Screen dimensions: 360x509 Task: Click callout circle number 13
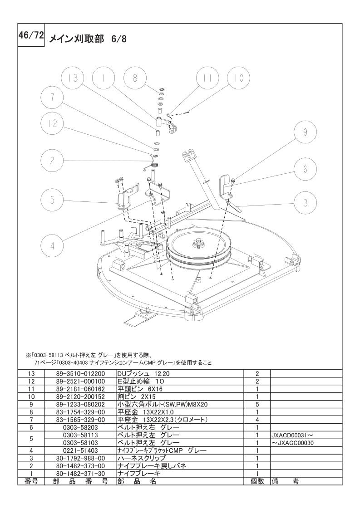pos(73,78)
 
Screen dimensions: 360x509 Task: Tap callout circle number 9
pos(305,132)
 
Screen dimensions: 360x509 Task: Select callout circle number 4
pos(52,246)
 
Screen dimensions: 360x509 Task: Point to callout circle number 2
pos(52,161)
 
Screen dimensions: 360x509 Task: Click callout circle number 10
pos(238,78)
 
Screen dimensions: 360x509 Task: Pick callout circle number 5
pos(52,199)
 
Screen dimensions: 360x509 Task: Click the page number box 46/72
pos(31,35)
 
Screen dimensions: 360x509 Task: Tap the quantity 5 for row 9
pos(257,405)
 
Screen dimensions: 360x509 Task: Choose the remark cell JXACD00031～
pos(292,435)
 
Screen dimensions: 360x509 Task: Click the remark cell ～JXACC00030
pos(292,443)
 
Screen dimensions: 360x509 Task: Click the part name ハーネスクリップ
pos(141,458)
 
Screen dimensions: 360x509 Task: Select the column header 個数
pos(257,481)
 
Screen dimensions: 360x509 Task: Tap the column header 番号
pos(31,481)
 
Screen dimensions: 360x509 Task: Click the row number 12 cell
pos(31,381)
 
